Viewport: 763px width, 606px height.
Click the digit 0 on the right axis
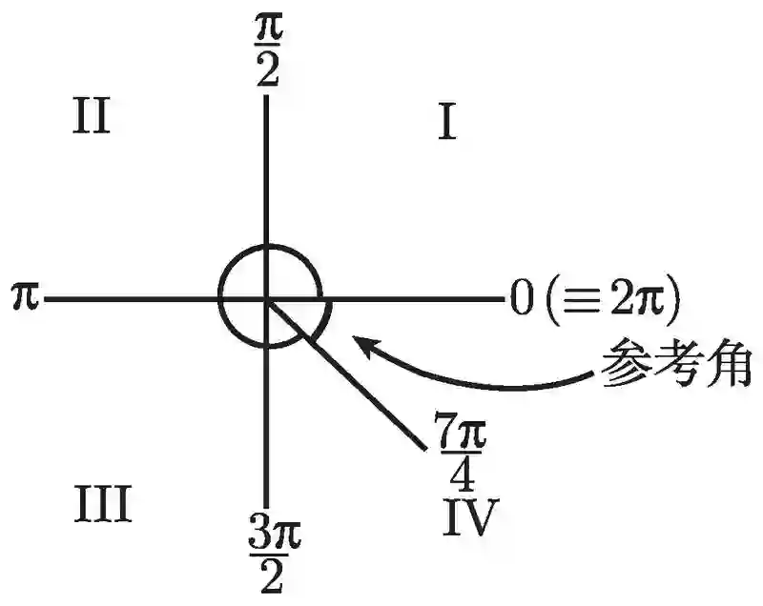click(x=519, y=299)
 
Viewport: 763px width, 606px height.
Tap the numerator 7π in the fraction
click(x=463, y=432)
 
